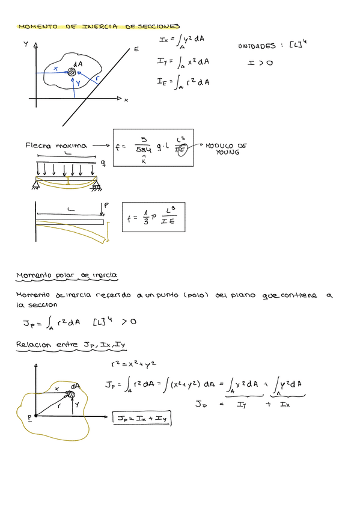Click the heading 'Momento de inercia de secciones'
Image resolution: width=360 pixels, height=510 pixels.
click(99, 27)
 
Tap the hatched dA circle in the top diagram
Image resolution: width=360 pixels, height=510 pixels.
click(72, 72)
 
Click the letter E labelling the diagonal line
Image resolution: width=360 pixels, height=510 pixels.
click(136, 49)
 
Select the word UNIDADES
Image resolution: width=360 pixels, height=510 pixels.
click(257, 46)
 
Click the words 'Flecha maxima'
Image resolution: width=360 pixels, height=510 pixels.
click(56, 146)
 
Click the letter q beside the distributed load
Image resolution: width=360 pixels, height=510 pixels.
click(103, 162)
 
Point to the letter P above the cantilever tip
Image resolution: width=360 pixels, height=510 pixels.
click(106, 206)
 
